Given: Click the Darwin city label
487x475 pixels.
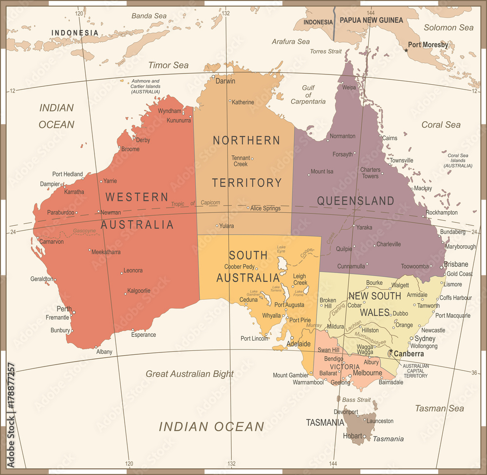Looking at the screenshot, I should (x=225, y=81).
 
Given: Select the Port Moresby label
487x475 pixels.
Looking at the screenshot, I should (x=428, y=45).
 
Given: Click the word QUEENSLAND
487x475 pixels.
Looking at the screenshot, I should (x=356, y=201).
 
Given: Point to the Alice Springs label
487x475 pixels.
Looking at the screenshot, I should (x=265, y=208).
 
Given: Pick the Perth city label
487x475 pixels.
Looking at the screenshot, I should (x=64, y=309).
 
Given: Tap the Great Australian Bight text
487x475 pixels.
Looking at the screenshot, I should (x=190, y=374).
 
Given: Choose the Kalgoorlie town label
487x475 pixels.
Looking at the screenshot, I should (x=138, y=291).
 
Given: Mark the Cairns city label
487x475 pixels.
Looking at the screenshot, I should (x=390, y=138).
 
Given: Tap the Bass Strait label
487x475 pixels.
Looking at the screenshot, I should (x=356, y=400).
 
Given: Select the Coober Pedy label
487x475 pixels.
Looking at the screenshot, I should (x=239, y=267).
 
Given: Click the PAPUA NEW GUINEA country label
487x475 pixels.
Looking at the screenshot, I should (x=371, y=20).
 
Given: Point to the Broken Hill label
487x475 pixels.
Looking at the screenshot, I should (x=328, y=304).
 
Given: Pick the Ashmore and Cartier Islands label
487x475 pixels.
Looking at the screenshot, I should (x=146, y=86).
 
